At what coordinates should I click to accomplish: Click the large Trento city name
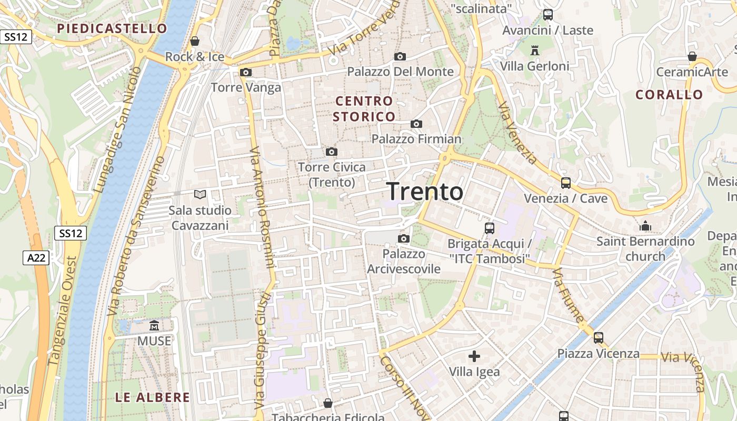point(425,192)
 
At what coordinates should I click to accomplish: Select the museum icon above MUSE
point(154,326)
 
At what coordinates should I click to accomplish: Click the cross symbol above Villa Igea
point(474,356)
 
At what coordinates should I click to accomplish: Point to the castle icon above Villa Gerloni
point(535,51)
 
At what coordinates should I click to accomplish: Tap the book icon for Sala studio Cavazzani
point(200,195)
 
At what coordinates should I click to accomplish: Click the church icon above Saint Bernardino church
point(645,226)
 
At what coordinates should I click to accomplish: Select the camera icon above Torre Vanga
point(246,73)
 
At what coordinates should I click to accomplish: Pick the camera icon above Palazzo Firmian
point(416,124)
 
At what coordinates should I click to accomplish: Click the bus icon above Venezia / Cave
point(566,183)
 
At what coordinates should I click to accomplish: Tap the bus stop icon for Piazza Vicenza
point(599,338)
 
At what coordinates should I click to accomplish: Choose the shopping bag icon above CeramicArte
point(692,57)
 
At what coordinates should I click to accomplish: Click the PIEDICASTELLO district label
point(112,28)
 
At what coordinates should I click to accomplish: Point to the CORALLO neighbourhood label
point(669,95)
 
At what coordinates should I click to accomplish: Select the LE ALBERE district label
point(152,397)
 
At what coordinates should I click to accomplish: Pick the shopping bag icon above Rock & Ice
point(195,41)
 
